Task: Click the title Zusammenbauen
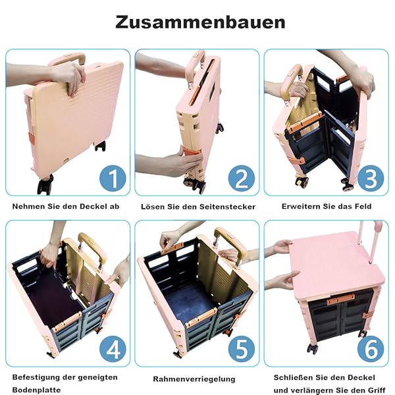click(200, 22)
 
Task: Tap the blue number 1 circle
click(113, 178)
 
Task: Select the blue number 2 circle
click(242, 178)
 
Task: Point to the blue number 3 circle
click(371, 178)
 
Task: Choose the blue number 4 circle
click(113, 349)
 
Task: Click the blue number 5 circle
click(242, 349)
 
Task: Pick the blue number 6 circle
click(371, 349)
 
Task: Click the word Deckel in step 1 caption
click(90, 206)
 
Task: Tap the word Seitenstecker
click(228, 207)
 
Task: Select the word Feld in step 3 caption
click(363, 206)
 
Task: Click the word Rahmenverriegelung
click(194, 379)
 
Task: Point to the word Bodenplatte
click(36, 390)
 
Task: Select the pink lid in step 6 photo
click(337, 263)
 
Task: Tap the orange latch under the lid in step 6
click(340, 300)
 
